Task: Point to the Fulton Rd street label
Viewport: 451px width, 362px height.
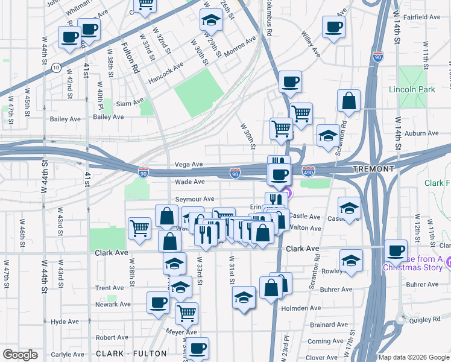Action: [x=130, y=57]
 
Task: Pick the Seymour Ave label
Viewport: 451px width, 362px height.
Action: [x=194, y=199]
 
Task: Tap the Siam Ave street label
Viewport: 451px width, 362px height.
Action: [x=130, y=103]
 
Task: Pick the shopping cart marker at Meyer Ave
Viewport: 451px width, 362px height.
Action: [x=186, y=313]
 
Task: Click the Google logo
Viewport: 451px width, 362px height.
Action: [x=20, y=355]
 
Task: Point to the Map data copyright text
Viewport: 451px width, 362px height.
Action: [x=413, y=357]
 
